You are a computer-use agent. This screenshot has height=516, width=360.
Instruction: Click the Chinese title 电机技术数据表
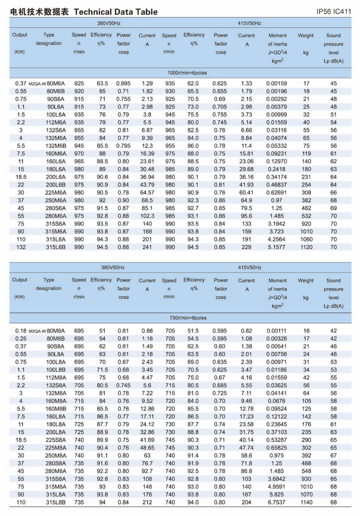pyautogui.click(x=39, y=12)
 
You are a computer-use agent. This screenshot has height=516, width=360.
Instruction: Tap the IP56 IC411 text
pyautogui.click(x=333, y=12)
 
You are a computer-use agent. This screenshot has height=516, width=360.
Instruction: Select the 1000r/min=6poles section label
pyautogui.click(x=187, y=73)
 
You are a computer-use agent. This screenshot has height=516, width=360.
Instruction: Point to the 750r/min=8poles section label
pyautogui.click(x=188, y=318)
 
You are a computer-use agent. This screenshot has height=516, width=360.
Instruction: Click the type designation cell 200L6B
pyautogui.click(x=55, y=185)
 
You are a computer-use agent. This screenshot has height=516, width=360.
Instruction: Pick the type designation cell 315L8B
pyautogui.click(x=55, y=502)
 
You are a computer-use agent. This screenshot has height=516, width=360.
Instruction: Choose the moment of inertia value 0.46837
pyautogui.click(x=276, y=185)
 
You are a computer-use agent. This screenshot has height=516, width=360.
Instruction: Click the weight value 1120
pyautogui.click(x=306, y=247)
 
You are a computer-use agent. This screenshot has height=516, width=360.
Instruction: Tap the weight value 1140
pyautogui.click(x=306, y=502)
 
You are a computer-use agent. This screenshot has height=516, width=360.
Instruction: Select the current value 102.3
pyautogui.click(x=147, y=216)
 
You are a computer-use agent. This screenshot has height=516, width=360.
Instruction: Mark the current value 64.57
pyautogui.click(x=147, y=193)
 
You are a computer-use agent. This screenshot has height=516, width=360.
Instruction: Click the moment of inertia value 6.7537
pyautogui.click(x=276, y=502)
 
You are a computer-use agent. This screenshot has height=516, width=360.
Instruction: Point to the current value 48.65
pyautogui.click(x=147, y=448)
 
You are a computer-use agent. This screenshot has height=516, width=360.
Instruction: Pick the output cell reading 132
pyautogui.click(x=21, y=247)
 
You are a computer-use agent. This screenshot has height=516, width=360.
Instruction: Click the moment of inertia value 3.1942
pyautogui.click(x=276, y=223)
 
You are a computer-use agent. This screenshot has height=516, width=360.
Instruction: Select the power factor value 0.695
pyautogui.click(x=123, y=83)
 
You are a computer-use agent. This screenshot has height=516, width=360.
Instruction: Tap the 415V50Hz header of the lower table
pyautogui.click(x=249, y=267)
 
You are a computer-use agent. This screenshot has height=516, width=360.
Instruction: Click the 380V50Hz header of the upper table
pyautogui.click(x=109, y=23)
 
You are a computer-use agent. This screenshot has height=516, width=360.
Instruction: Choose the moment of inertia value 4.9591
pyautogui.click(x=276, y=486)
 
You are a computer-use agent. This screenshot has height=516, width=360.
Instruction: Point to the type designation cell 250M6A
pyautogui.click(x=55, y=200)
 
